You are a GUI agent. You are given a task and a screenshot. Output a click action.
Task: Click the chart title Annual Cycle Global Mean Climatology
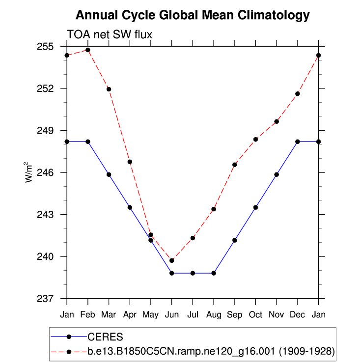[193, 15]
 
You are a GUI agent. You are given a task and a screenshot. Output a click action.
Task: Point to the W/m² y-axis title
[29, 172]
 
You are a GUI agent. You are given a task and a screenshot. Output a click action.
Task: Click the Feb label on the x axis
[88, 313]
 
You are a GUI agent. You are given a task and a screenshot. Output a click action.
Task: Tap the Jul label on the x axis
[193, 313]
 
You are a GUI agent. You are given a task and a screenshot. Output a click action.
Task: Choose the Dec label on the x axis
[298, 313]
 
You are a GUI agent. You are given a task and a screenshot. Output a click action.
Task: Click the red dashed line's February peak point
[88, 50]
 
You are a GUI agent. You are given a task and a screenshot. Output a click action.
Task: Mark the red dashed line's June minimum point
[172, 260]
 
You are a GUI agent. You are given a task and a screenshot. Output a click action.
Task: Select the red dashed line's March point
[109, 89]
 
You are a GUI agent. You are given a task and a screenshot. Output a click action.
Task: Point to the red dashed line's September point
[235, 165]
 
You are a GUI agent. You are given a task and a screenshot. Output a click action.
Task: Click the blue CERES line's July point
[193, 273]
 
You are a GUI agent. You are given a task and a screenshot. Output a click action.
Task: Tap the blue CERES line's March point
[109, 174]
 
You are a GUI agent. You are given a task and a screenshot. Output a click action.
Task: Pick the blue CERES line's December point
[298, 141]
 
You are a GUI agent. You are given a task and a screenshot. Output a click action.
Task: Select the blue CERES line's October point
[255, 207]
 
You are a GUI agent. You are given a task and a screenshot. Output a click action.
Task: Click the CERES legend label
[105, 337]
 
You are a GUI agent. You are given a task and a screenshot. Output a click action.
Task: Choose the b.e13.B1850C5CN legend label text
[211, 351]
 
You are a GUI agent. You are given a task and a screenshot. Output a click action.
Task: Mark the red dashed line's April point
[130, 162]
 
